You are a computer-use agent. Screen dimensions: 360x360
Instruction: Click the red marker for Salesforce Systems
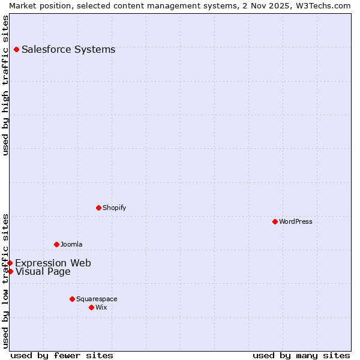pos(16,50)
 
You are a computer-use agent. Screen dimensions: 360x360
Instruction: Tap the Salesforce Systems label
pos(68,50)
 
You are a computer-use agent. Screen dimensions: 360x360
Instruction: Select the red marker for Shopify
pos(98,208)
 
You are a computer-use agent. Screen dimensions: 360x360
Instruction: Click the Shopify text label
pos(114,208)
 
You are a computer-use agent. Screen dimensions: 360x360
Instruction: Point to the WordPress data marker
pos(275,222)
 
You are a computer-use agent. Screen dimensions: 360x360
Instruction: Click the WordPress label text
pos(295,222)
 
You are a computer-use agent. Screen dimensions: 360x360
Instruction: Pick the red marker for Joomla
pos(56,245)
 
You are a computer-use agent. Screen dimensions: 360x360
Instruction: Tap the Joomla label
pos(71,245)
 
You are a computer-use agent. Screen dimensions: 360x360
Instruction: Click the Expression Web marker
pos(10,263)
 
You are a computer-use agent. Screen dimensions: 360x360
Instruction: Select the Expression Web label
pos(53,263)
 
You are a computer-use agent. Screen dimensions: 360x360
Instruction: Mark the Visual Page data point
pos(10,272)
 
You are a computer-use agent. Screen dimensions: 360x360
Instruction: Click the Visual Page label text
pos(43,272)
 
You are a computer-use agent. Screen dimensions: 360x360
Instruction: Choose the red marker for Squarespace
pos(72,299)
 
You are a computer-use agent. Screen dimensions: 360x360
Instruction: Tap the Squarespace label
pos(97,299)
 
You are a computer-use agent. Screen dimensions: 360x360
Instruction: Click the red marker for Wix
pos(91,307)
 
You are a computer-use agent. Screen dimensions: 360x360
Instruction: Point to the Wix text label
pos(101,307)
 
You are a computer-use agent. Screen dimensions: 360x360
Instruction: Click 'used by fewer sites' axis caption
pos(62,355)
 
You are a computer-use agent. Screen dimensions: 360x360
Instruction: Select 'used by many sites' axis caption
pos(301,355)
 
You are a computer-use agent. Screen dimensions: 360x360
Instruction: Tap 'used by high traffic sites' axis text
pos(5,85)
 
